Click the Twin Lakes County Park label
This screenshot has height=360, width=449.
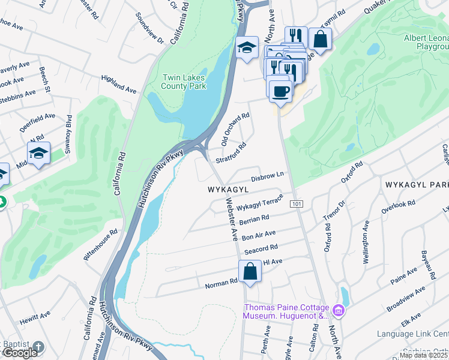coord(184,82)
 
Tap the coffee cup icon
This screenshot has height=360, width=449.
coord(280,91)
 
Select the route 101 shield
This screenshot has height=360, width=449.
coord(296,205)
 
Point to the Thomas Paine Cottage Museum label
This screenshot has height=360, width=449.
coord(286,311)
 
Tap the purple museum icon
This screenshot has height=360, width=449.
coord(339,311)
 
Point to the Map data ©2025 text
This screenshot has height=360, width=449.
coord(424,355)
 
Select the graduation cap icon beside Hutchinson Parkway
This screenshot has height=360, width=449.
coord(246,48)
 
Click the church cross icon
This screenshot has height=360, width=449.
coord(39,347)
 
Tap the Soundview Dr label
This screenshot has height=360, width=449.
coord(149,28)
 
